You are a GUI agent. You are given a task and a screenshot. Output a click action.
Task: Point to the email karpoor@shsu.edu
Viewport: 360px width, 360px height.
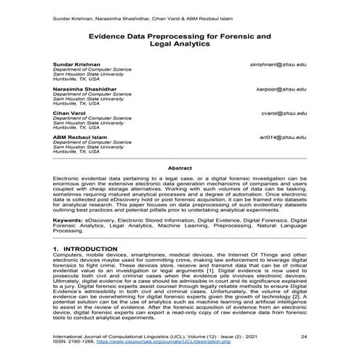point(278,89)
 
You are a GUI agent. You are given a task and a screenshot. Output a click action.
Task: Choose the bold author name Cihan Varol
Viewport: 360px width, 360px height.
point(69,113)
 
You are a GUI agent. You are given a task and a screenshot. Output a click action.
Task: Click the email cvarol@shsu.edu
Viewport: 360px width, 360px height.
point(281,113)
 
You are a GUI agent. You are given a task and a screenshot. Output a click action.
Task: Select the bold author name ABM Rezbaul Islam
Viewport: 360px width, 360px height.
point(78,137)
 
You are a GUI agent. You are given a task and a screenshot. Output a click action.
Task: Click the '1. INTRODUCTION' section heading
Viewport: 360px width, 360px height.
point(86,249)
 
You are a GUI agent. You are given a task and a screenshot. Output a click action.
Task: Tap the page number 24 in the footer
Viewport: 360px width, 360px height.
point(304,337)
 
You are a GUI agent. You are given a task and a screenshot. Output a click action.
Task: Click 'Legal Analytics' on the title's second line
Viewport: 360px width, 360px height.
point(180,44)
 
